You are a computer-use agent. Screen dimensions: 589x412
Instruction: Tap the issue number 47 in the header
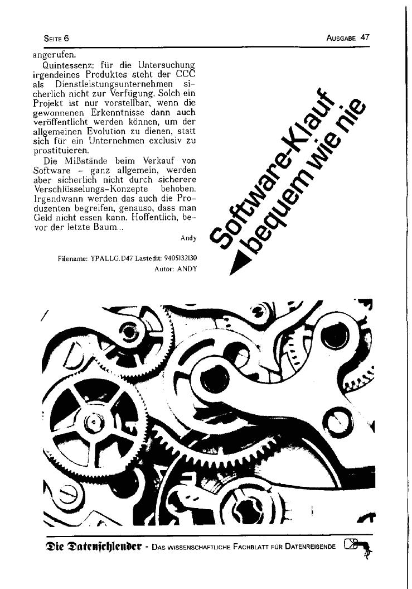365,37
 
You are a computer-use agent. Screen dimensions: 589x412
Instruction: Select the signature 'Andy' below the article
188,238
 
